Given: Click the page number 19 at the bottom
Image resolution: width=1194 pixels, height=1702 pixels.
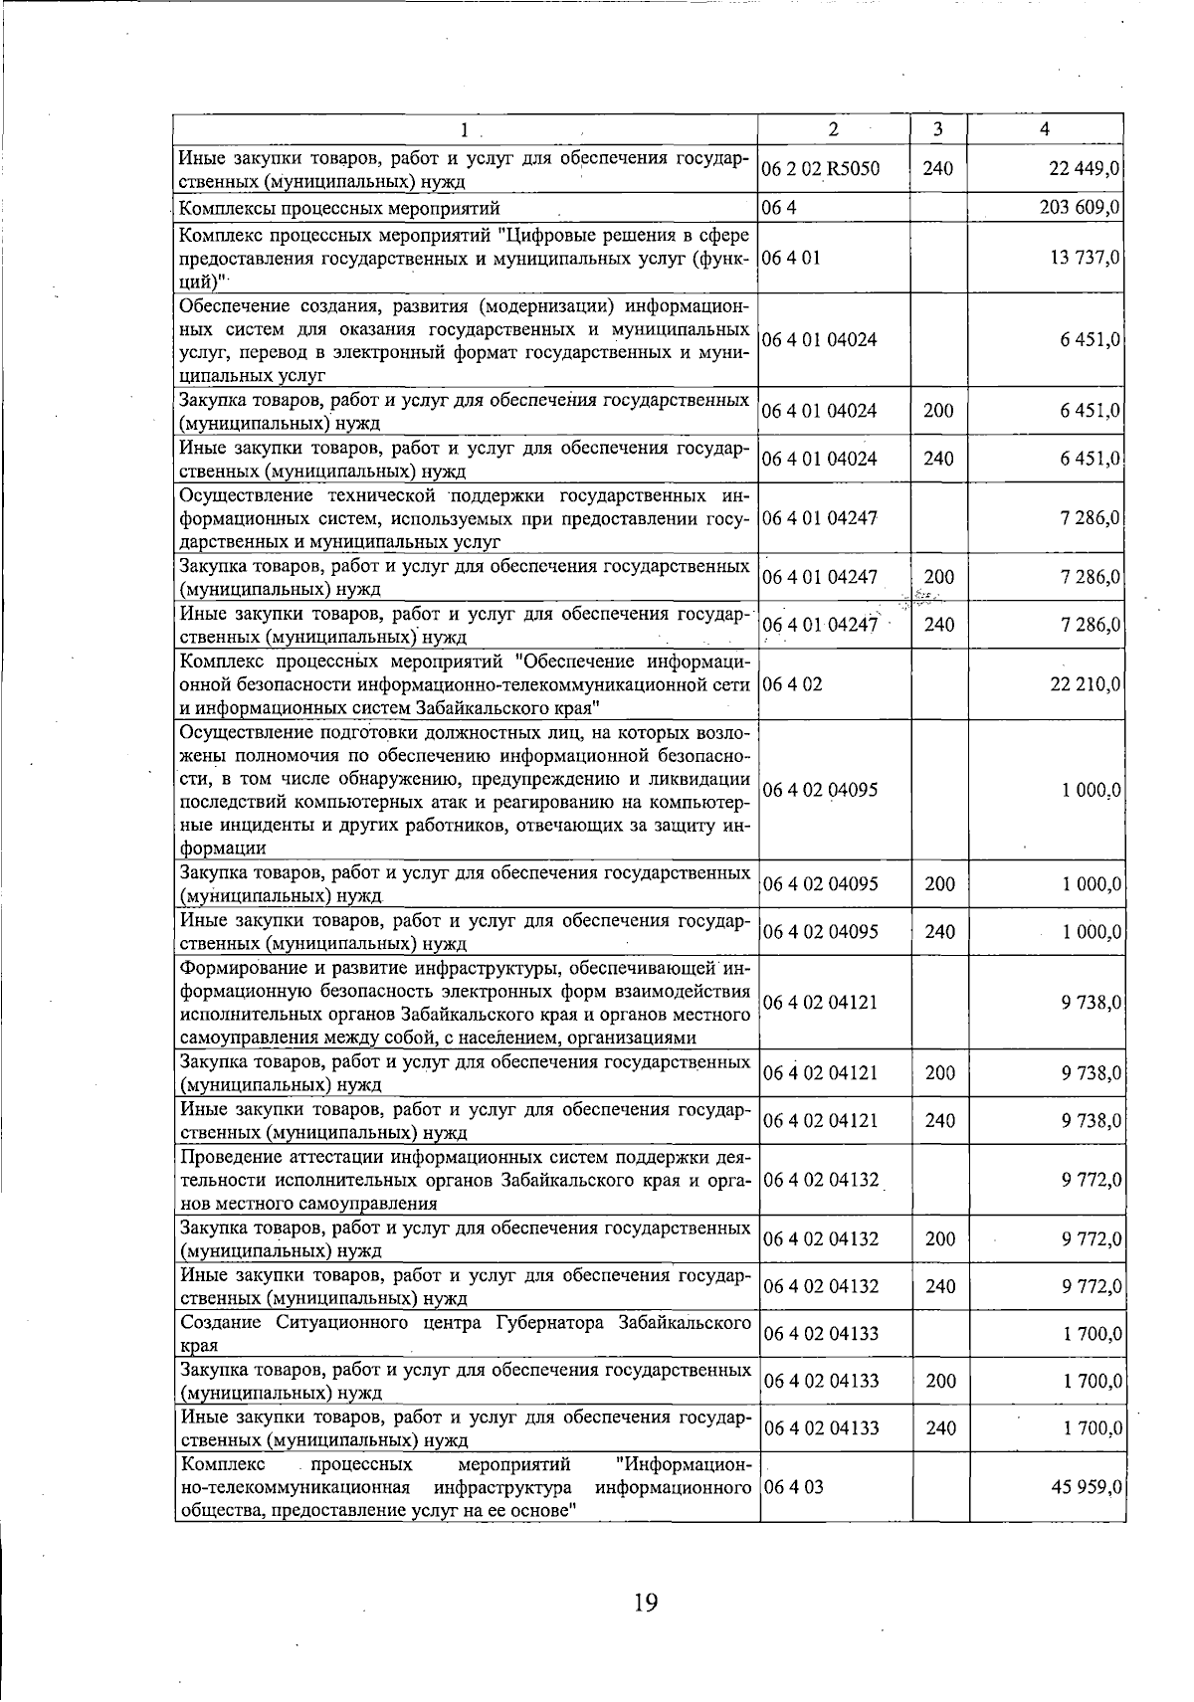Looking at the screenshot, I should [645, 1603].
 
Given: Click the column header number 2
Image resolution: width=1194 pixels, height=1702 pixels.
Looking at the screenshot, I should [833, 129].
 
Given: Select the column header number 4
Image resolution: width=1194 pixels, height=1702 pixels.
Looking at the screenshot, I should [1044, 129].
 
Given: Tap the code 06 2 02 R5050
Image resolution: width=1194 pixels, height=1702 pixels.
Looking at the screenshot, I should [821, 168].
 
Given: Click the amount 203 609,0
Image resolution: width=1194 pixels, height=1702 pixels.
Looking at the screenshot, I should [1080, 208].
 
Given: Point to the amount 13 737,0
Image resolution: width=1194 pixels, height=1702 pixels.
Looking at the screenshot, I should [1085, 257].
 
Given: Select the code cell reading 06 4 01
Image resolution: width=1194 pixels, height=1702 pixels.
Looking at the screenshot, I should [792, 257].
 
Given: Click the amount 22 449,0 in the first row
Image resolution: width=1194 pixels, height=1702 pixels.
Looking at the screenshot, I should [1085, 168].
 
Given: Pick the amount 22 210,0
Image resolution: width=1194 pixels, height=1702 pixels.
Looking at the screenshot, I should [1085, 684].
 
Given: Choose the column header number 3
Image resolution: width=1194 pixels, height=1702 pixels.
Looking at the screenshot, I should [938, 129].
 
